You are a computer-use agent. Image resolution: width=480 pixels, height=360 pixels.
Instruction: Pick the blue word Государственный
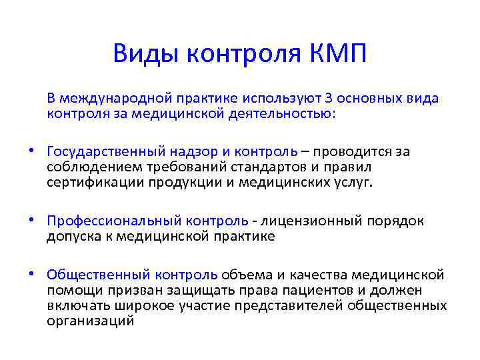pos(102,151)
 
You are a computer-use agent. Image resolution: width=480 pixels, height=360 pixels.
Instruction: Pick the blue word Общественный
pos(97,275)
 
